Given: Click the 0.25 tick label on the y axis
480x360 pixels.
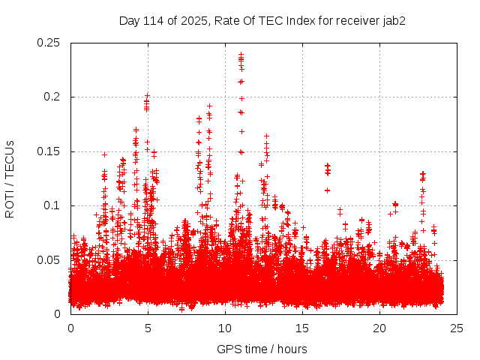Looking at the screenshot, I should coord(49,43).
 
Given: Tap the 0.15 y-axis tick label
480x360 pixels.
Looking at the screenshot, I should coord(49,151).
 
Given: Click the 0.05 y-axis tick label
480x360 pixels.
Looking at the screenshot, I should coord(49,260).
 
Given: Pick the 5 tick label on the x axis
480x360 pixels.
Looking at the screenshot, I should coord(148,328).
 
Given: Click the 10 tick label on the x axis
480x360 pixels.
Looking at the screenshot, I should coord(225,328).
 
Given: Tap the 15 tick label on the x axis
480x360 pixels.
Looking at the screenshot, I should coord(302,328).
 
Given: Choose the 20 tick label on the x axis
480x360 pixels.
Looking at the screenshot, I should coord(379,328).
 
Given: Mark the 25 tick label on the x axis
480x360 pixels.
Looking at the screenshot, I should coord(457,328).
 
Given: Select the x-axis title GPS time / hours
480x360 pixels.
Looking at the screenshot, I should coord(262,349).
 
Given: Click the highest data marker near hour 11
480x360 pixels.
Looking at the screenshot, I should coord(241,54).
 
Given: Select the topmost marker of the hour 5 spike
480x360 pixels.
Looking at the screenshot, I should coord(147,95).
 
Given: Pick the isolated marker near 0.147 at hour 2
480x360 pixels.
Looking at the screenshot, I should coord(104,154).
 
